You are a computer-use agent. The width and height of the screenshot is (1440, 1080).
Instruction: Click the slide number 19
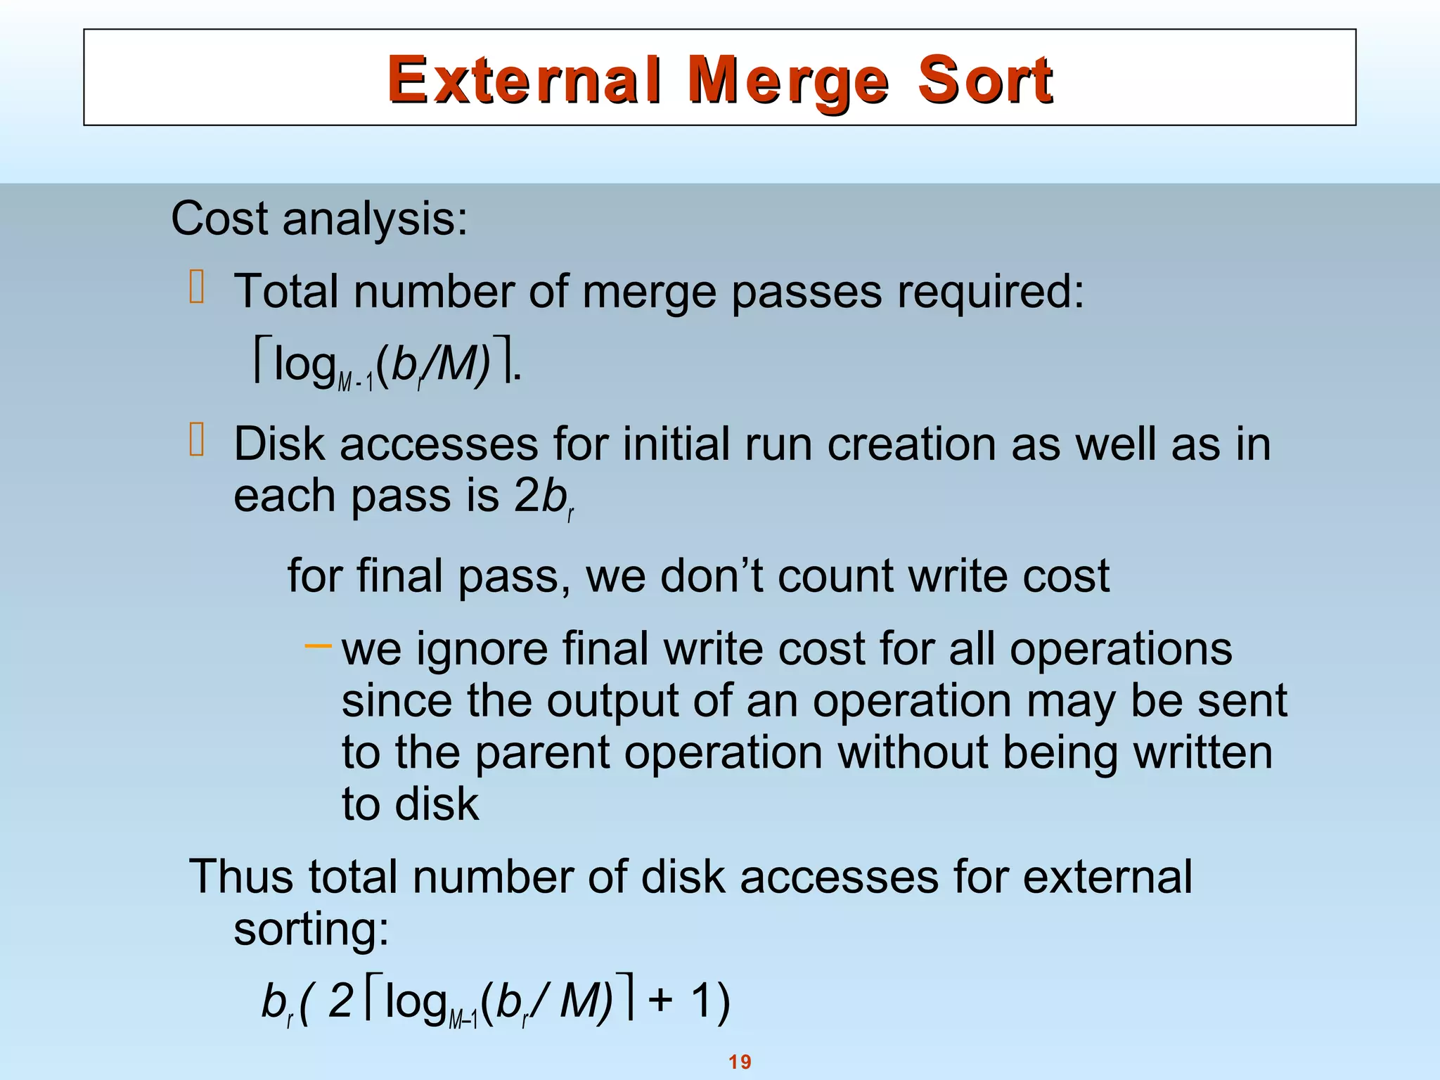click(x=740, y=1062)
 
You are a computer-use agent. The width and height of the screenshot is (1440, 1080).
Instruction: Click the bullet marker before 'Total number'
click(x=197, y=288)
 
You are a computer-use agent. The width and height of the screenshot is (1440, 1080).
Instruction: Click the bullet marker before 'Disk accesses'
click(x=197, y=441)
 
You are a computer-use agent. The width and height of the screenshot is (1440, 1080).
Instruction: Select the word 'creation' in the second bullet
click(x=912, y=444)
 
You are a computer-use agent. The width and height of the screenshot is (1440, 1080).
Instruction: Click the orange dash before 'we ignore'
click(x=318, y=645)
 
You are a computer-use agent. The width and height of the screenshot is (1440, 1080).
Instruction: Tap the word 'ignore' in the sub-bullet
click(x=482, y=649)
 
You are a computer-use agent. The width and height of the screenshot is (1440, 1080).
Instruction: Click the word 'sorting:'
click(x=311, y=930)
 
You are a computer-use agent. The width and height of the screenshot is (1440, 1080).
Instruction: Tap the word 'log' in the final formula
click(x=416, y=1002)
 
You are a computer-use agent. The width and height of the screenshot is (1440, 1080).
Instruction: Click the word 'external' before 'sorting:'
click(x=1107, y=877)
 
